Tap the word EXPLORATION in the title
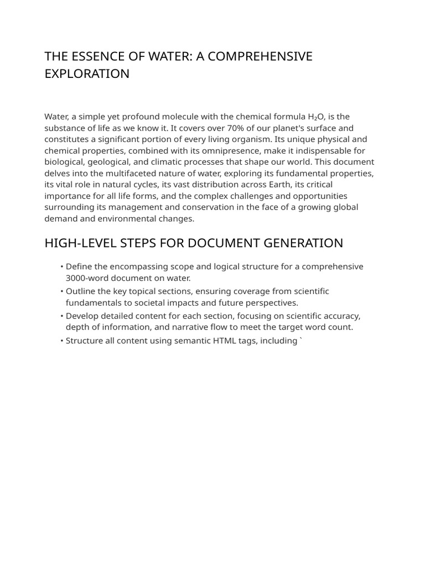point(87,74)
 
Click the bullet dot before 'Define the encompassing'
point(62,267)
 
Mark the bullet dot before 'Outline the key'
point(62,291)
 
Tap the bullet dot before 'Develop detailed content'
point(62,316)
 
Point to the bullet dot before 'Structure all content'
point(62,341)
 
